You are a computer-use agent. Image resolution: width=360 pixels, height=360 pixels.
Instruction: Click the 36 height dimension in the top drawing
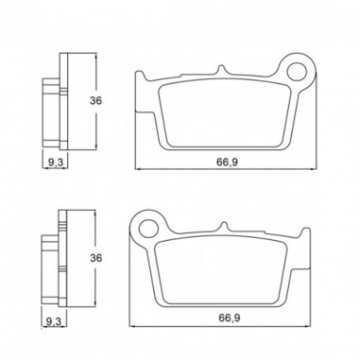click(95, 101)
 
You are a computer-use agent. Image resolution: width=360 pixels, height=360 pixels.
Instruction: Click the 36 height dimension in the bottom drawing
click(95, 258)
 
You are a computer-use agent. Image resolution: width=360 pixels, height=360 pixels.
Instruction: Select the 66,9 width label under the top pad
click(227, 162)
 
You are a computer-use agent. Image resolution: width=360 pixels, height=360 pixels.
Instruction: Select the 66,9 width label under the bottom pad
click(230, 318)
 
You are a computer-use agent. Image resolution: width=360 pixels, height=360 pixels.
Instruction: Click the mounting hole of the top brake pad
click(297, 72)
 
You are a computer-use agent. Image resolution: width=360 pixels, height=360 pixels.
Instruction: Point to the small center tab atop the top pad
click(221, 69)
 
